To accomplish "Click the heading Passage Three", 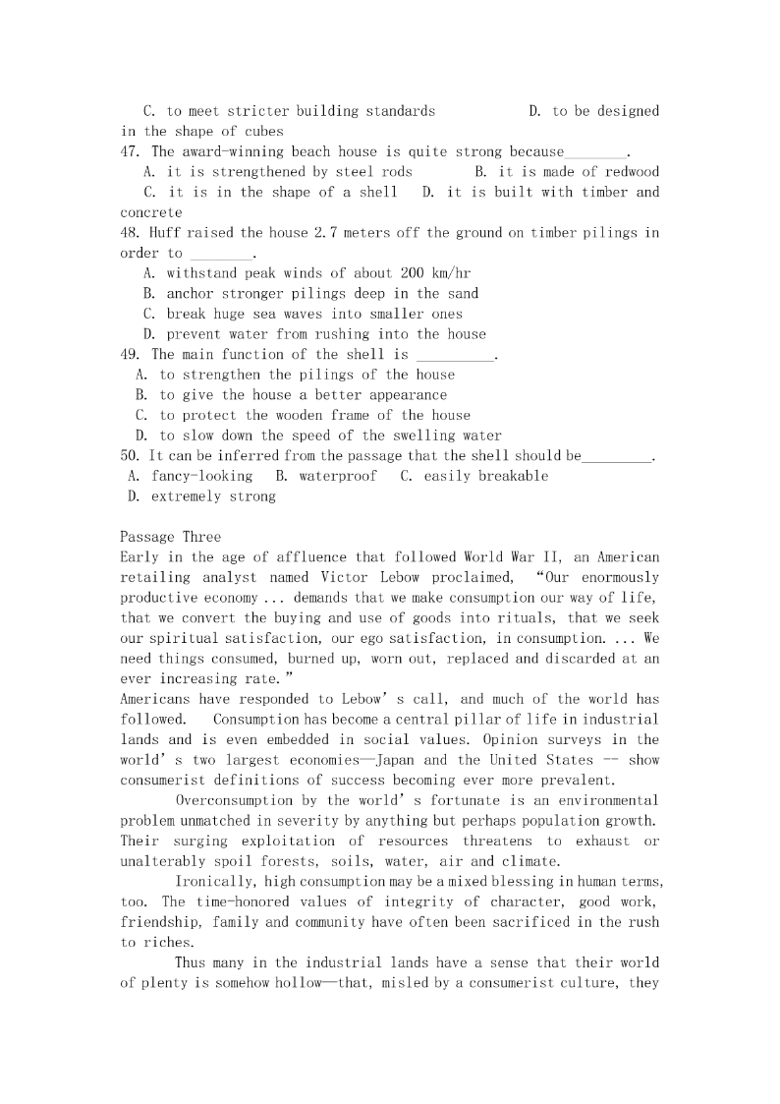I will [x=170, y=537].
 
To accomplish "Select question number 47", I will [x=132, y=151].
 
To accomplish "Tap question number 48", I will [x=132, y=233].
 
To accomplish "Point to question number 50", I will [x=131, y=455].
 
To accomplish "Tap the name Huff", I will [x=166, y=233].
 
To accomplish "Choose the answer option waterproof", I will [x=338, y=476].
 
